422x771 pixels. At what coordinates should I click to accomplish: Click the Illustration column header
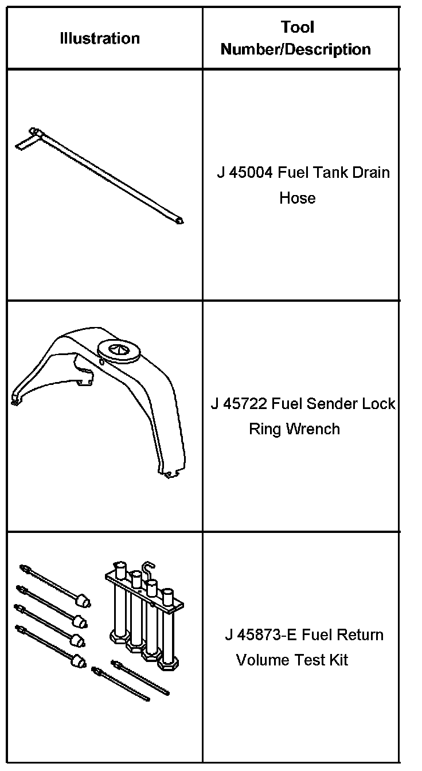[x=100, y=38]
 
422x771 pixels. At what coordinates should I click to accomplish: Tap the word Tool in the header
[x=298, y=27]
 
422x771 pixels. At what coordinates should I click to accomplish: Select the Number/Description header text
[x=296, y=49]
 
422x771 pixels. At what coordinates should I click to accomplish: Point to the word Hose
[x=297, y=198]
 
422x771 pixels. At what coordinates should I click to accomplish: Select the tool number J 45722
[x=239, y=404]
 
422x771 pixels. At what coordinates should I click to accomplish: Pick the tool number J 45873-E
[x=261, y=635]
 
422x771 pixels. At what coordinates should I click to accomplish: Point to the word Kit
[x=336, y=660]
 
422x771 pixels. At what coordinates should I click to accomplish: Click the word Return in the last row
[x=359, y=635]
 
